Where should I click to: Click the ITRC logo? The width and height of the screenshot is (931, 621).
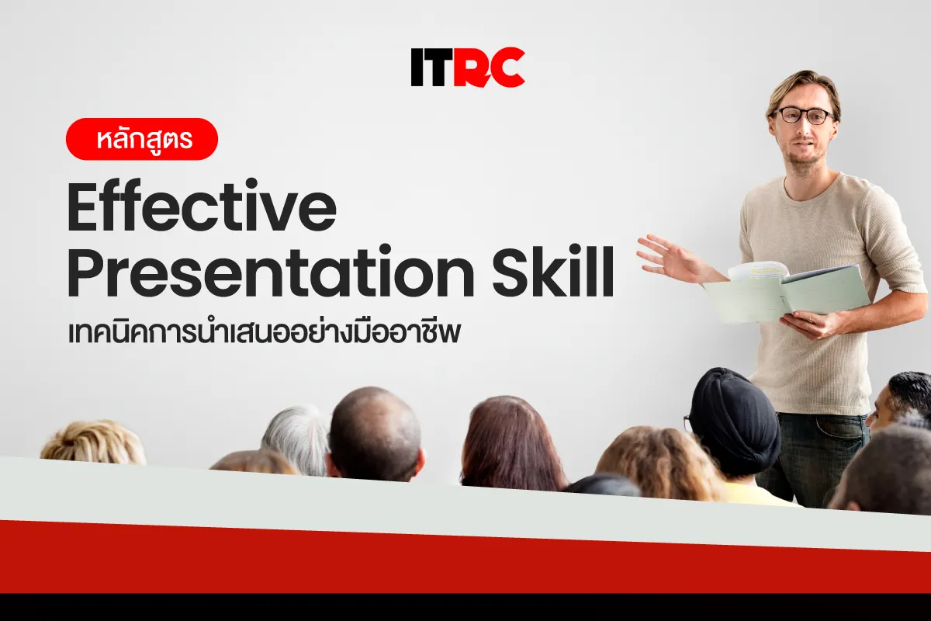click(x=468, y=68)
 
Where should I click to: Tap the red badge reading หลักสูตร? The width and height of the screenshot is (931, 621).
click(x=142, y=139)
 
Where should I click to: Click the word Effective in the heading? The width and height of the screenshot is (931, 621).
click(x=202, y=206)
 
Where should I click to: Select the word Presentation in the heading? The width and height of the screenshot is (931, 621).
click(x=271, y=271)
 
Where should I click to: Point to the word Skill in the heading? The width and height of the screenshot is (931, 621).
click(x=553, y=271)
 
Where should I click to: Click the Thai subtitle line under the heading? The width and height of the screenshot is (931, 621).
click(x=265, y=332)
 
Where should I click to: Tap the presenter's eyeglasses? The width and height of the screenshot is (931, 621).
click(x=802, y=116)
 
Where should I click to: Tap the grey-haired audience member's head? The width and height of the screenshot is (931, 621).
click(x=296, y=439)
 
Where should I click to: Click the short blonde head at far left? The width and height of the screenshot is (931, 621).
click(x=94, y=442)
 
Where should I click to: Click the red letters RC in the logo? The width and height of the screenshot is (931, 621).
click(x=489, y=68)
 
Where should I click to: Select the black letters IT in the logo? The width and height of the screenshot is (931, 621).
click(x=431, y=68)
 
